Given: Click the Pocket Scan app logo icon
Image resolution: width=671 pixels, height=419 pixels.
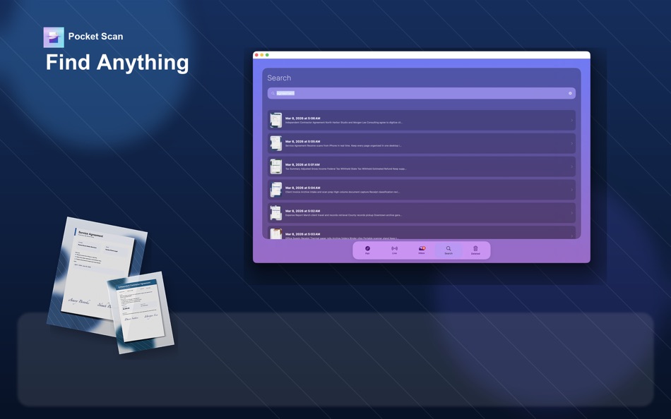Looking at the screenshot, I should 54,37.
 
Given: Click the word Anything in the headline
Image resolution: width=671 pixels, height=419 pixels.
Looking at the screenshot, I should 143,62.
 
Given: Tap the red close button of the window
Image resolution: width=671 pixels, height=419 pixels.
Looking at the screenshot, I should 256,55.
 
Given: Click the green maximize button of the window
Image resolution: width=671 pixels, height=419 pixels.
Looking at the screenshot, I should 267,55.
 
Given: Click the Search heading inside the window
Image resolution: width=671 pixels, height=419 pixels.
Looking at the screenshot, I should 279,78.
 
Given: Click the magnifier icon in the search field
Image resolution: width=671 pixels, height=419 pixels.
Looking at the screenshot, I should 273,93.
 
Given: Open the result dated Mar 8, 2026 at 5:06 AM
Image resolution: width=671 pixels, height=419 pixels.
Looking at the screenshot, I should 421,121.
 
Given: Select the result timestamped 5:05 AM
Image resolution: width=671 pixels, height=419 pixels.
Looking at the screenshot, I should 421,144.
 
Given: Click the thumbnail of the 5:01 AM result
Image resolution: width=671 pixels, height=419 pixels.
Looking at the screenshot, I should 275,166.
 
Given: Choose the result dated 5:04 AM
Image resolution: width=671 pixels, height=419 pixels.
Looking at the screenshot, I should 421,190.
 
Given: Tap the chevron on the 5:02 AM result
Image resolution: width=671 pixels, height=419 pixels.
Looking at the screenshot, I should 572,213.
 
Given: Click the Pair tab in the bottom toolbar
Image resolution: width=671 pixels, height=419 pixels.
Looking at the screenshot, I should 367,250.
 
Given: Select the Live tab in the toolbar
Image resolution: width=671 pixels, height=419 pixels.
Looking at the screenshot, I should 394,250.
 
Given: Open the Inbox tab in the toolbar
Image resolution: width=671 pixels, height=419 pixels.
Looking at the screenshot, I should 422,250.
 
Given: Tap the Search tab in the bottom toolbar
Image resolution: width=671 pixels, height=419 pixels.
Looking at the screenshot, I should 449,250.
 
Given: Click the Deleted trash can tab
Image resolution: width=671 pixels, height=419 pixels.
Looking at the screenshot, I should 475,250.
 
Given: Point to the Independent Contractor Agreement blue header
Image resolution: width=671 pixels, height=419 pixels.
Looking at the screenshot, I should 135,284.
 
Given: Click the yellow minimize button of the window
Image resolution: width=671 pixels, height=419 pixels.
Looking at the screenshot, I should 262,55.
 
